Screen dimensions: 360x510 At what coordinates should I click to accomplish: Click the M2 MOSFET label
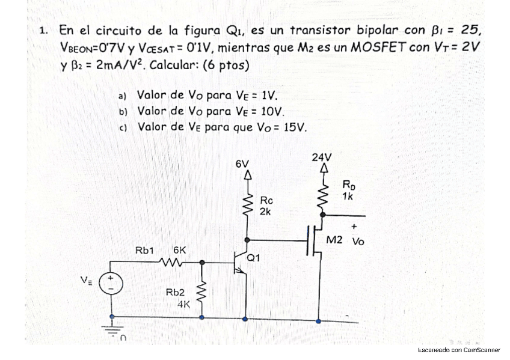[x=334, y=240]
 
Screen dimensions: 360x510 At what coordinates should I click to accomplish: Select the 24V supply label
[x=322, y=157]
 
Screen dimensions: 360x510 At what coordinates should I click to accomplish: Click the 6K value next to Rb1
[x=180, y=249]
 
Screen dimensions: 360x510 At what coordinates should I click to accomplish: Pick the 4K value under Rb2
[x=184, y=304]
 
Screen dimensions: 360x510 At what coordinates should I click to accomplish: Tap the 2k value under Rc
[x=266, y=212]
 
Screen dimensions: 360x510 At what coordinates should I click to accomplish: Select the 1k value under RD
[x=348, y=196]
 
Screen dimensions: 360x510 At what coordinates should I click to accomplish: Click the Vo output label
[x=358, y=242]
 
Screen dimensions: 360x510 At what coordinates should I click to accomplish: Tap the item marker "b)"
[x=124, y=112]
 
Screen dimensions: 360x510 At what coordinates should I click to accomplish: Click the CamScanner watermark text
[x=459, y=349]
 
